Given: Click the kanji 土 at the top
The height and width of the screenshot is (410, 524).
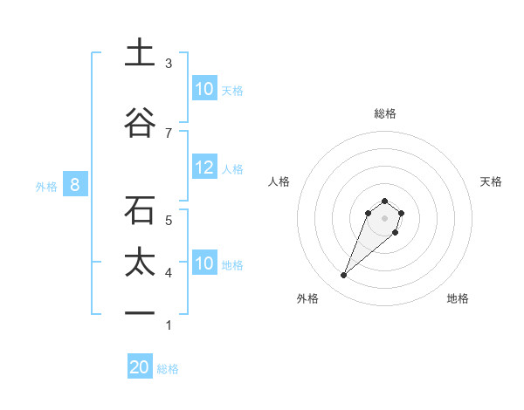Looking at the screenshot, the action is click(x=140, y=52).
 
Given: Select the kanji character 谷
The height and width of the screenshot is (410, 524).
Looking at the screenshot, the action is click(x=140, y=123).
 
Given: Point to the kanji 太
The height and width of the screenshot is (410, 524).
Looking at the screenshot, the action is click(x=140, y=263).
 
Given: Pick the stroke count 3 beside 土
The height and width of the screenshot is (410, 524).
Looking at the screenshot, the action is click(x=169, y=64).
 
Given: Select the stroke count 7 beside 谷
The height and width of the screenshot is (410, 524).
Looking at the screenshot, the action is click(x=169, y=133).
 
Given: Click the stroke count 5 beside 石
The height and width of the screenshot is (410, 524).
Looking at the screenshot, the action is click(x=169, y=220).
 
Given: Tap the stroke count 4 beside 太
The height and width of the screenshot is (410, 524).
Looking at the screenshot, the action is click(x=169, y=273).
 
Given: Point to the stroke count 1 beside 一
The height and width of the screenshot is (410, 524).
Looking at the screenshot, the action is click(x=169, y=325).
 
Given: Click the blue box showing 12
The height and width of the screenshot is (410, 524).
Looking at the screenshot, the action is click(x=204, y=167).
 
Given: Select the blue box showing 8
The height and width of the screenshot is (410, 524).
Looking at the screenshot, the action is click(x=75, y=185).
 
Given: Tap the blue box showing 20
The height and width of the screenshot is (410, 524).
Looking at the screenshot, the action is click(x=140, y=367).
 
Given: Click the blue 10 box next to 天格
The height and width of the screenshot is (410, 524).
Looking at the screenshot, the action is click(x=204, y=89).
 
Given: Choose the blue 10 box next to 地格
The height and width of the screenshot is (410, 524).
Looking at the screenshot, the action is click(x=204, y=263).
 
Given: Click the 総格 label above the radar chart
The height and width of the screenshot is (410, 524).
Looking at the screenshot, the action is click(x=384, y=113).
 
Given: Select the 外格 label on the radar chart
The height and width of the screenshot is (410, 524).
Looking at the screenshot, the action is click(x=307, y=298).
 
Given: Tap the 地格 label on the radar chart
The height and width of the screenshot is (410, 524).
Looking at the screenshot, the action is click(x=458, y=298).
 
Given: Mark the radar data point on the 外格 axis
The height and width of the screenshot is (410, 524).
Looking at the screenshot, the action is click(x=344, y=276).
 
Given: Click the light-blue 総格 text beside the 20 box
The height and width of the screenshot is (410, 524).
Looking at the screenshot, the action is click(x=168, y=369).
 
